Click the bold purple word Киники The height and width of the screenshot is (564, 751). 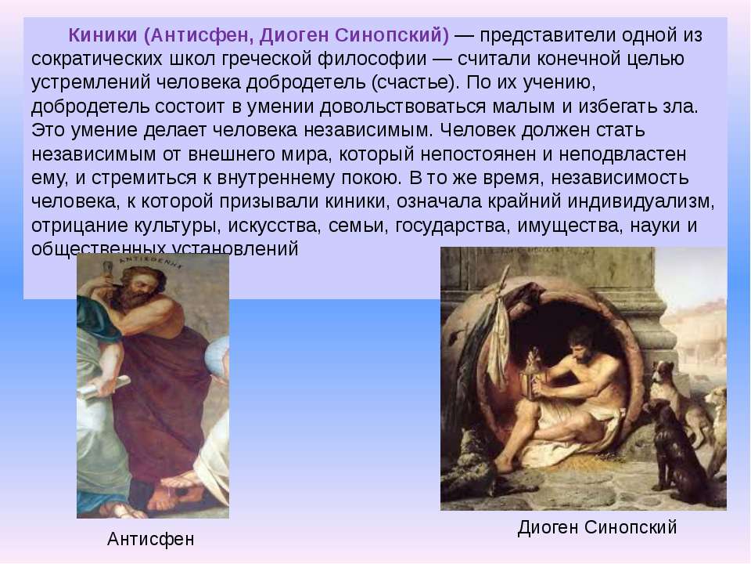(103, 35)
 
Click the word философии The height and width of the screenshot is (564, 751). (372, 59)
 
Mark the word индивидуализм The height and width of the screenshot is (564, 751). (641, 202)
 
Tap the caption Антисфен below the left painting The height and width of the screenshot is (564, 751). (151, 539)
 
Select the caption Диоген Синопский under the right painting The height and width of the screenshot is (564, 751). (597, 527)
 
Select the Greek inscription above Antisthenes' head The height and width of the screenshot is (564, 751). (149, 261)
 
